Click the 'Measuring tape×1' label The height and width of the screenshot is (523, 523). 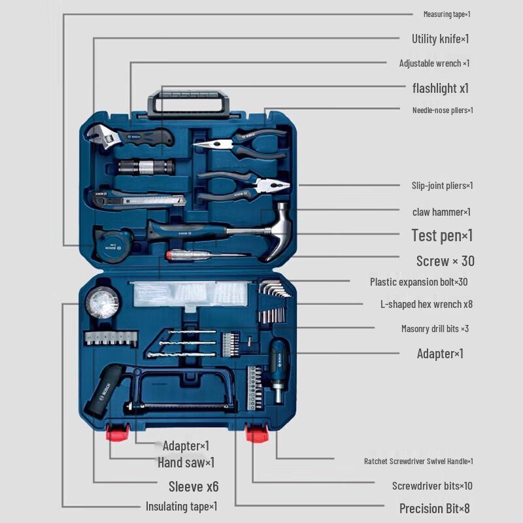coord(447,14)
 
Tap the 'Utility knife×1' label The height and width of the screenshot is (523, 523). coord(440,39)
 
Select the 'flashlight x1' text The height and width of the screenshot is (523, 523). coord(440,88)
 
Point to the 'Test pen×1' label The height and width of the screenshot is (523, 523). coord(442,235)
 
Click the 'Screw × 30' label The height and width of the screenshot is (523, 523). coord(445,261)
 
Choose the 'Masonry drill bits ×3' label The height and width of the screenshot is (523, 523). coord(435,329)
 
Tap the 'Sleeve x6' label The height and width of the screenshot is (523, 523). coord(194,486)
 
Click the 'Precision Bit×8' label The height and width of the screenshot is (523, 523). coord(434,508)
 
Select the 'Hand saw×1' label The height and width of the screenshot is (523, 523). coord(186,463)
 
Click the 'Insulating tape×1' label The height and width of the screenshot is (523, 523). coord(181,506)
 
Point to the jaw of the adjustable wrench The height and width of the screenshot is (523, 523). coord(95,134)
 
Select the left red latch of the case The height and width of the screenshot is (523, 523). coord(116,433)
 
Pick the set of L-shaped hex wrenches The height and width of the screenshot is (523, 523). coord(274,290)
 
